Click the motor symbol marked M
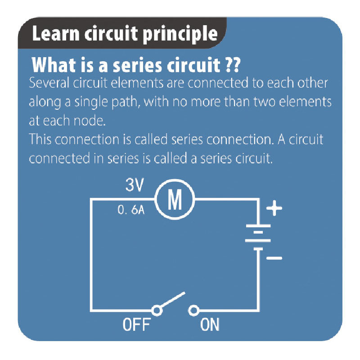174,201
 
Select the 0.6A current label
131,210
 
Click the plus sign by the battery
274,209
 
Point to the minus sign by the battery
274,258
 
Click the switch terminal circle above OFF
157,310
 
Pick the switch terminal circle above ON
194,310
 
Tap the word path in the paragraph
129,102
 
